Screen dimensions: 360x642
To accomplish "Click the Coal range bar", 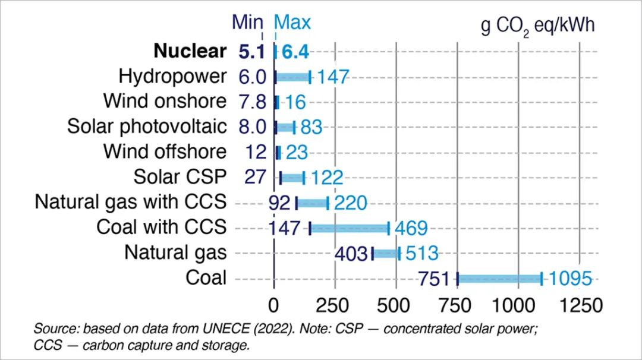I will pyautogui.click(x=499, y=279).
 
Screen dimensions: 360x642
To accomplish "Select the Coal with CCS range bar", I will pyautogui.click(x=350, y=228).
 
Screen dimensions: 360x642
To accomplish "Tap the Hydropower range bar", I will pyautogui.click(x=292, y=77).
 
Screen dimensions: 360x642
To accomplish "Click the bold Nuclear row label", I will pyautogui.click(x=190, y=51).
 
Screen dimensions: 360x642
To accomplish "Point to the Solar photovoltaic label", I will pyautogui.click(x=147, y=127).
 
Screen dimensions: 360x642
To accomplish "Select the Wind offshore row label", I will pyautogui.click(x=165, y=151).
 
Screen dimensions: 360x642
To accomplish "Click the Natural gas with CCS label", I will pyautogui.click(x=131, y=202).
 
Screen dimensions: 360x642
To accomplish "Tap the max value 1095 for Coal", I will pyautogui.click(x=571, y=279).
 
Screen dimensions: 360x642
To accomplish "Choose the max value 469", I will pyautogui.click(x=410, y=228).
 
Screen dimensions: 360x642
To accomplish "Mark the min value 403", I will pyautogui.click(x=352, y=254).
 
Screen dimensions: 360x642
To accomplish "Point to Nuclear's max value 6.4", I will pyautogui.click(x=295, y=52).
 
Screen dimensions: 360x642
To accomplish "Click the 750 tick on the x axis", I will pyautogui.click(x=457, y=305).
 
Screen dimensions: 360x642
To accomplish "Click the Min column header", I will pyautogui.click(x=247, y=23).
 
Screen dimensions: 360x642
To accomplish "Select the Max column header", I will pyautogui.click(x=292, y=23).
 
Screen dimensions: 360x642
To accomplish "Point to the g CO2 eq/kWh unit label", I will pyautogui.click(x=537, y=27).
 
